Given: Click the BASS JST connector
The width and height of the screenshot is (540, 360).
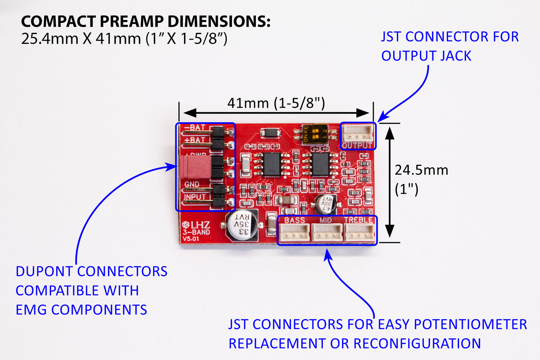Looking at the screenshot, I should pos(294,233).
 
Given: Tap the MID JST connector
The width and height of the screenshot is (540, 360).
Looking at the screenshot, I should pos(327,233).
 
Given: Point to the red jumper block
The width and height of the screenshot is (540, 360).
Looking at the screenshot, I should pos(195,167).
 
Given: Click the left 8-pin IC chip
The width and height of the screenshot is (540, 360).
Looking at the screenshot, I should pos(271,164).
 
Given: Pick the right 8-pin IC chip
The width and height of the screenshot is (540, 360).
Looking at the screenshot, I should pos(320,164).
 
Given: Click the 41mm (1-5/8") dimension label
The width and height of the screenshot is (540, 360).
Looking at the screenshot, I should pos(276,103).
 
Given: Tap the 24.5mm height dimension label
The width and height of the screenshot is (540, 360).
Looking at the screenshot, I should pos(421,170).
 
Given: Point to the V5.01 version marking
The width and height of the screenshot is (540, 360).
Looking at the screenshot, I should pos(191,239).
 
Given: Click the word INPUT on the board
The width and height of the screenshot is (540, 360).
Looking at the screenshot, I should pos(195,197).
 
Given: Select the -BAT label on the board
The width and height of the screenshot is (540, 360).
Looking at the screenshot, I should pos(195,127).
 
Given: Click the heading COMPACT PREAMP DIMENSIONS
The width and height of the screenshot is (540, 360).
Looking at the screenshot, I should pos(145,21).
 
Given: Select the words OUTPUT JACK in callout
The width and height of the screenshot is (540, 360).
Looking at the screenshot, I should pos(426,56).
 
